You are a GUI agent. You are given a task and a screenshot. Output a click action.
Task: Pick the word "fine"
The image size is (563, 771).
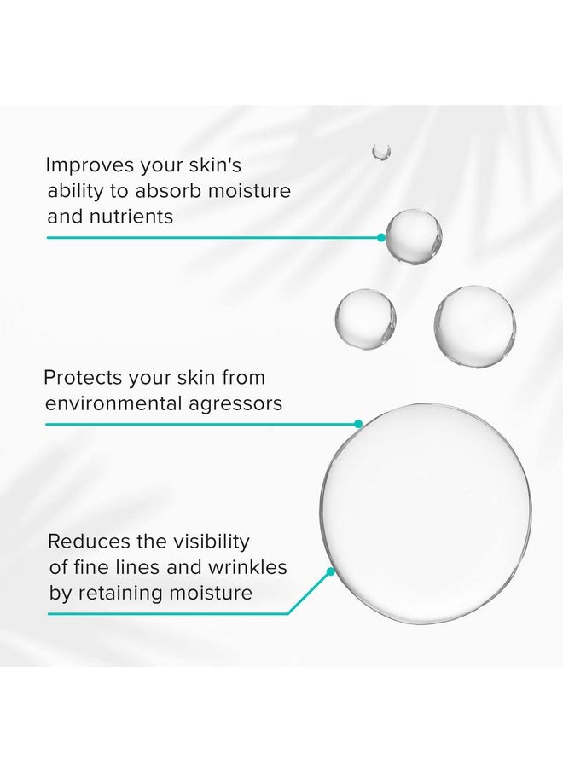pos(92,567)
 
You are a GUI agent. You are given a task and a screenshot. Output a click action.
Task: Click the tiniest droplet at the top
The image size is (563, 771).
pos(381,152)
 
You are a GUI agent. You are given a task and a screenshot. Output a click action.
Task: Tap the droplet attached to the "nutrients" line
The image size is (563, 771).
pos(414,235)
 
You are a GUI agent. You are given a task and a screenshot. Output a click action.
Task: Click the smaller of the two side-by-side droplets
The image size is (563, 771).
pos(365,318)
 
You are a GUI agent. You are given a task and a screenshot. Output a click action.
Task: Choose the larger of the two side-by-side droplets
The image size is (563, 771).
pos(474,326)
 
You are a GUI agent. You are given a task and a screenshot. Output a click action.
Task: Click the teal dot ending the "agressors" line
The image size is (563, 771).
pos(358,423)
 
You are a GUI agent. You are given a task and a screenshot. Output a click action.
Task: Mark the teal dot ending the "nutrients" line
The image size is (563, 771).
pos(381,237)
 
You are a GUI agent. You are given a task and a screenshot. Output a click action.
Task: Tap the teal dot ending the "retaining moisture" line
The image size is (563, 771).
pos(330,569)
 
